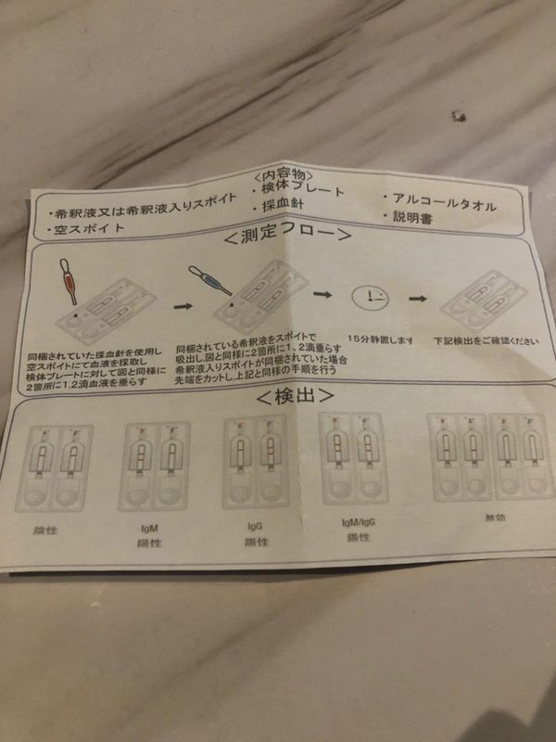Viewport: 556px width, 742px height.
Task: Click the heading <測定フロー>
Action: tap(286, 237)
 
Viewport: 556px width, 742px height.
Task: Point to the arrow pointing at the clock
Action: tap(322, 294)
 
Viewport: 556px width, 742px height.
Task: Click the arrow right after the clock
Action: tap(418, 299)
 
